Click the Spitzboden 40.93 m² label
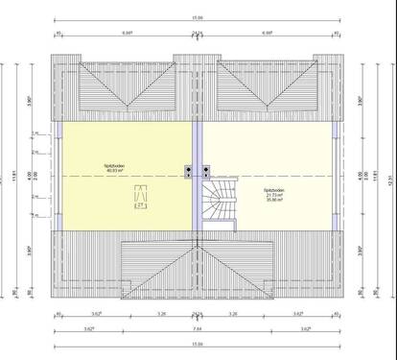point(118,168)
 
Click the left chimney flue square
point(188,172)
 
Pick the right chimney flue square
point(205,172)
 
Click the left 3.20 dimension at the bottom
point(162,314)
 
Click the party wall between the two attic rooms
point(196,211)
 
